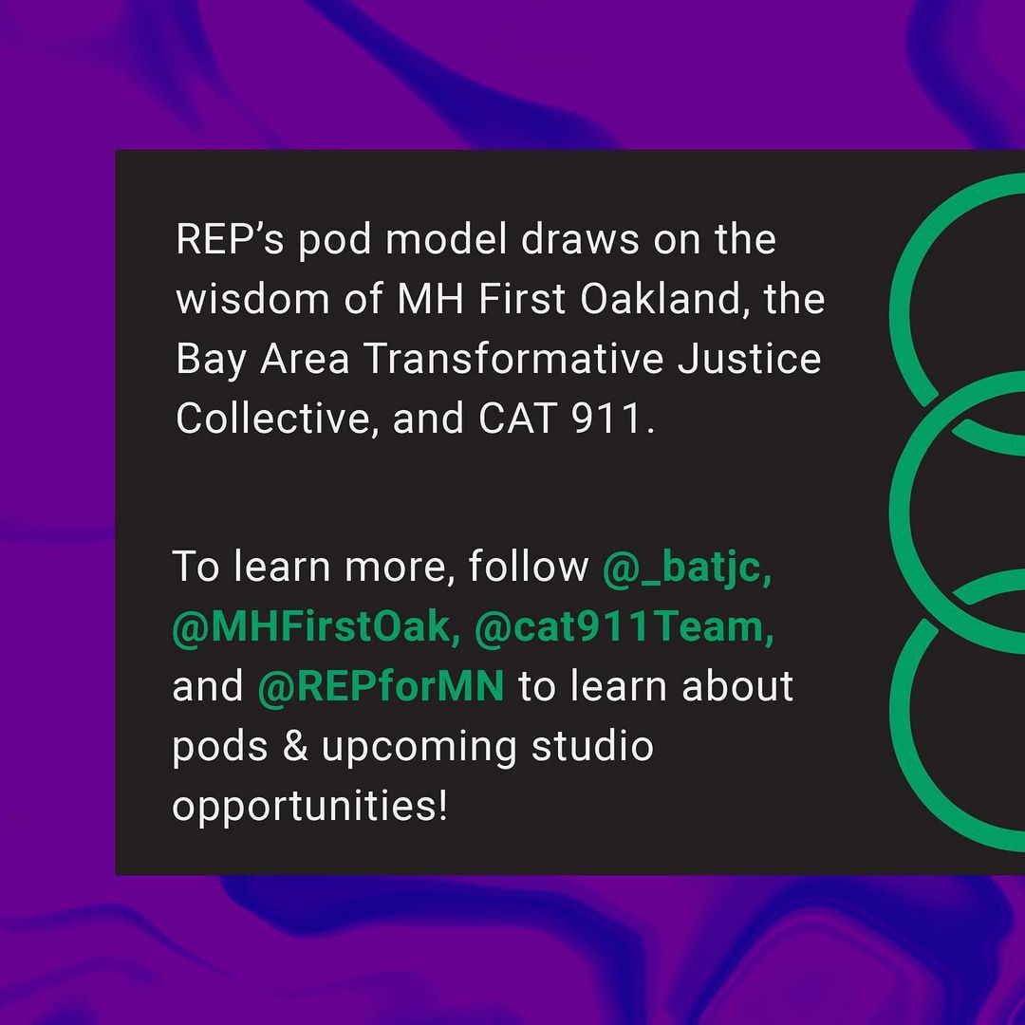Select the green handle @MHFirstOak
click(316, 628)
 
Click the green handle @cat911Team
click(624, 628)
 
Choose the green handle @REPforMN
click(381, 687)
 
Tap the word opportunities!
click(309, 808)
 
